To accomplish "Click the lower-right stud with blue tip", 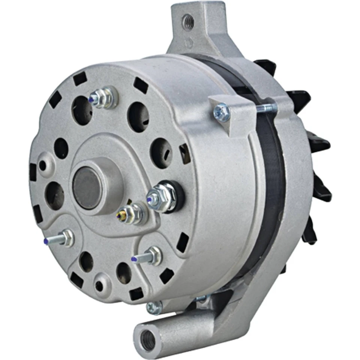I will (x=149, y=256).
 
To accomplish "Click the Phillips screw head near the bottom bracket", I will (x=154, y=307).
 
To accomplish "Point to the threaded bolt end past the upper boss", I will (x=267, y=108).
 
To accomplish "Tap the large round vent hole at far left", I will (x=54, y=195).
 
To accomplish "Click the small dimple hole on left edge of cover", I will (x=45, y=165).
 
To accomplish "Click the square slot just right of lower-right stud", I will (x=183, y=242).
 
